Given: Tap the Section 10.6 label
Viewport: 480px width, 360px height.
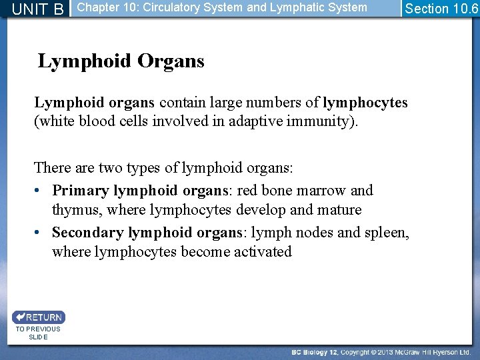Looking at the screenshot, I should pos(441,9).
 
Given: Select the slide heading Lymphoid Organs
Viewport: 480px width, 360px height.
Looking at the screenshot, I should pos(121,61).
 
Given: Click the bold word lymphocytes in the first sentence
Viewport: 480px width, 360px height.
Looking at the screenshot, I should pos(365,103).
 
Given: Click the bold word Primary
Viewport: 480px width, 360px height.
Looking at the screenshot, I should pos(81,191).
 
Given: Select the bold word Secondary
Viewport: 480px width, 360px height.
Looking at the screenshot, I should pos(88,233).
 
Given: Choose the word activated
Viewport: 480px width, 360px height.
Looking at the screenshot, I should pos(263,252).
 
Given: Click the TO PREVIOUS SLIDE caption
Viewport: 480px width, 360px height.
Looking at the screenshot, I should pos(38,333).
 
